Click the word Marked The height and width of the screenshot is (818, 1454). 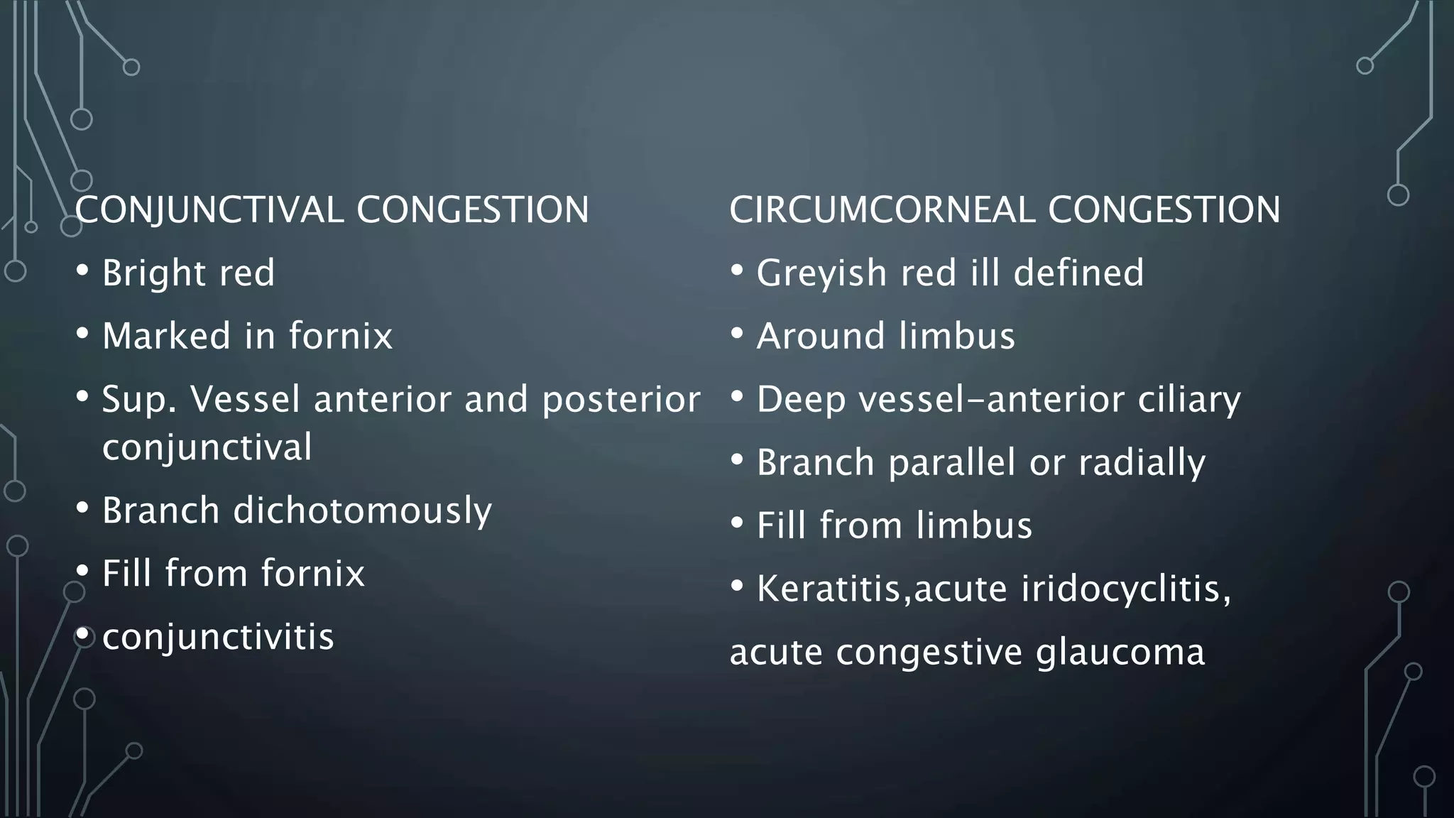166,336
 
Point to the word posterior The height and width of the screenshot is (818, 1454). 621,400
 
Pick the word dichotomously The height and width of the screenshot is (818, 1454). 362,511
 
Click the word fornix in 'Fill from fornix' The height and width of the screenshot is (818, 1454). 312,573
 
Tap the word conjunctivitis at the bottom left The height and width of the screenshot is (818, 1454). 218,637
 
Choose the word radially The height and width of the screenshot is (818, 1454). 1142,463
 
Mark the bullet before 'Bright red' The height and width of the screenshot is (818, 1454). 82,271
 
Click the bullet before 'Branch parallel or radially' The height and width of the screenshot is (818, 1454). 737,459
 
